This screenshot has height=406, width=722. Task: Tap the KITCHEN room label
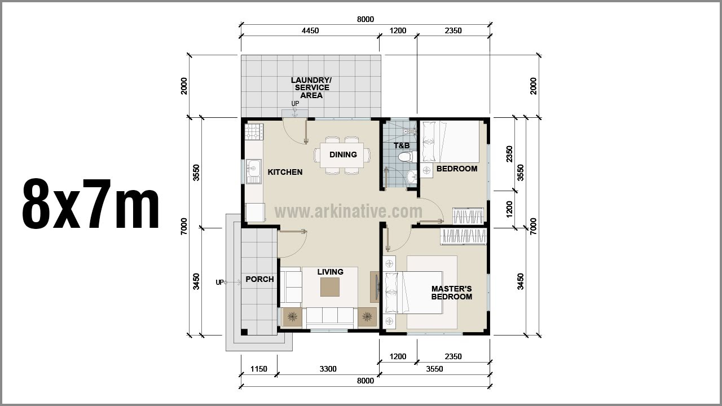pyautogui.click(x=285, y=172)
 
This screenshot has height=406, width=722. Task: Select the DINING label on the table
pyautogui.click(x=343, y=155)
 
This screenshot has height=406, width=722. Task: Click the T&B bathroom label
pyautogui.click(x=401, y=145)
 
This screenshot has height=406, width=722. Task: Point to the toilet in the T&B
pyautogui.click(x=404, y=157)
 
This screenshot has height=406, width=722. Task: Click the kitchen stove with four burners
pyautogui.click(x=254, y=131)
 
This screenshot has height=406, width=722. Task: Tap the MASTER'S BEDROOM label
pyautogui.click(x=451, y=293)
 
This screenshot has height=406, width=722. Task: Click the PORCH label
pyautogui.click(x=259, y=279)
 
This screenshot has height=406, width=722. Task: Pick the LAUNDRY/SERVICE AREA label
pyautogui.click(x=311, y=88)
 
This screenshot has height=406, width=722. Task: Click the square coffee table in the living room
pyautogui.click(x=330, y=287)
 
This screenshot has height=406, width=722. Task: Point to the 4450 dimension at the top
pyautogui.click(x=310, y=31)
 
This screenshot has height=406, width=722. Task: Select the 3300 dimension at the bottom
pyautogui.click(x=328, y=369)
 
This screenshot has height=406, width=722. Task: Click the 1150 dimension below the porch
pyautogui.click(x=258, y=369)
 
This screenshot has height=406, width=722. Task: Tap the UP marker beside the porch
pyautogui.click(x=219, y=283)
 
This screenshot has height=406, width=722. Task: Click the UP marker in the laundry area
pyautogui.click(x=295, y=104)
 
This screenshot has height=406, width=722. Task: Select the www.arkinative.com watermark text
pyautogui.click(x=348, y=211)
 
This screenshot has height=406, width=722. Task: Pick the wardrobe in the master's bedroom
pyautogui.click(x=464, y=236)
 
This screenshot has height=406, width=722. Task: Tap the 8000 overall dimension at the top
pyautogui.click(x=365, y=19)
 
